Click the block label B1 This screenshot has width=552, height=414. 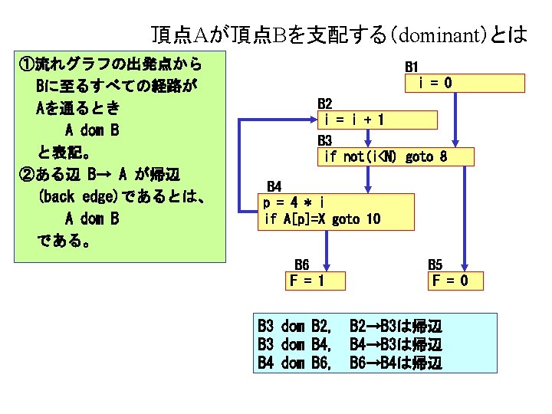(412, 67)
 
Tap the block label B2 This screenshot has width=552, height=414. (325, 103)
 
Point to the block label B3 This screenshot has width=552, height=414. (325, 140)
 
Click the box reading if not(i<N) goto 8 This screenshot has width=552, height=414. (396, 156)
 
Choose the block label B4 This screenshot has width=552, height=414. (274, 186)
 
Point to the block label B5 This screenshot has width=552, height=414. (435, 264)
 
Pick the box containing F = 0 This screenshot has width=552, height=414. (457, 281)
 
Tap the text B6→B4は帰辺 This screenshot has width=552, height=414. (396, 362)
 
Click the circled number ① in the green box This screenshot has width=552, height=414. (25, 63)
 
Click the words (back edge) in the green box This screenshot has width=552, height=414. (79, 195)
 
